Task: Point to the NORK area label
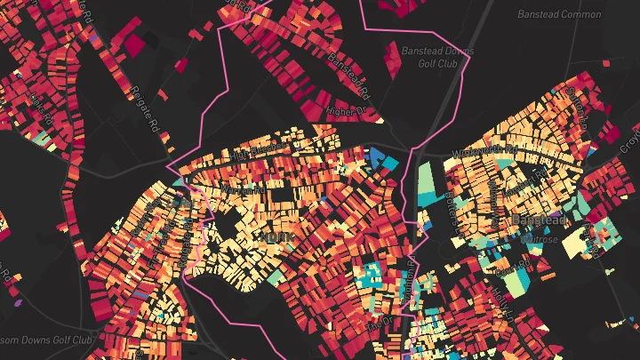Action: point(271,236)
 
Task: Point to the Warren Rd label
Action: point(247,188)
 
